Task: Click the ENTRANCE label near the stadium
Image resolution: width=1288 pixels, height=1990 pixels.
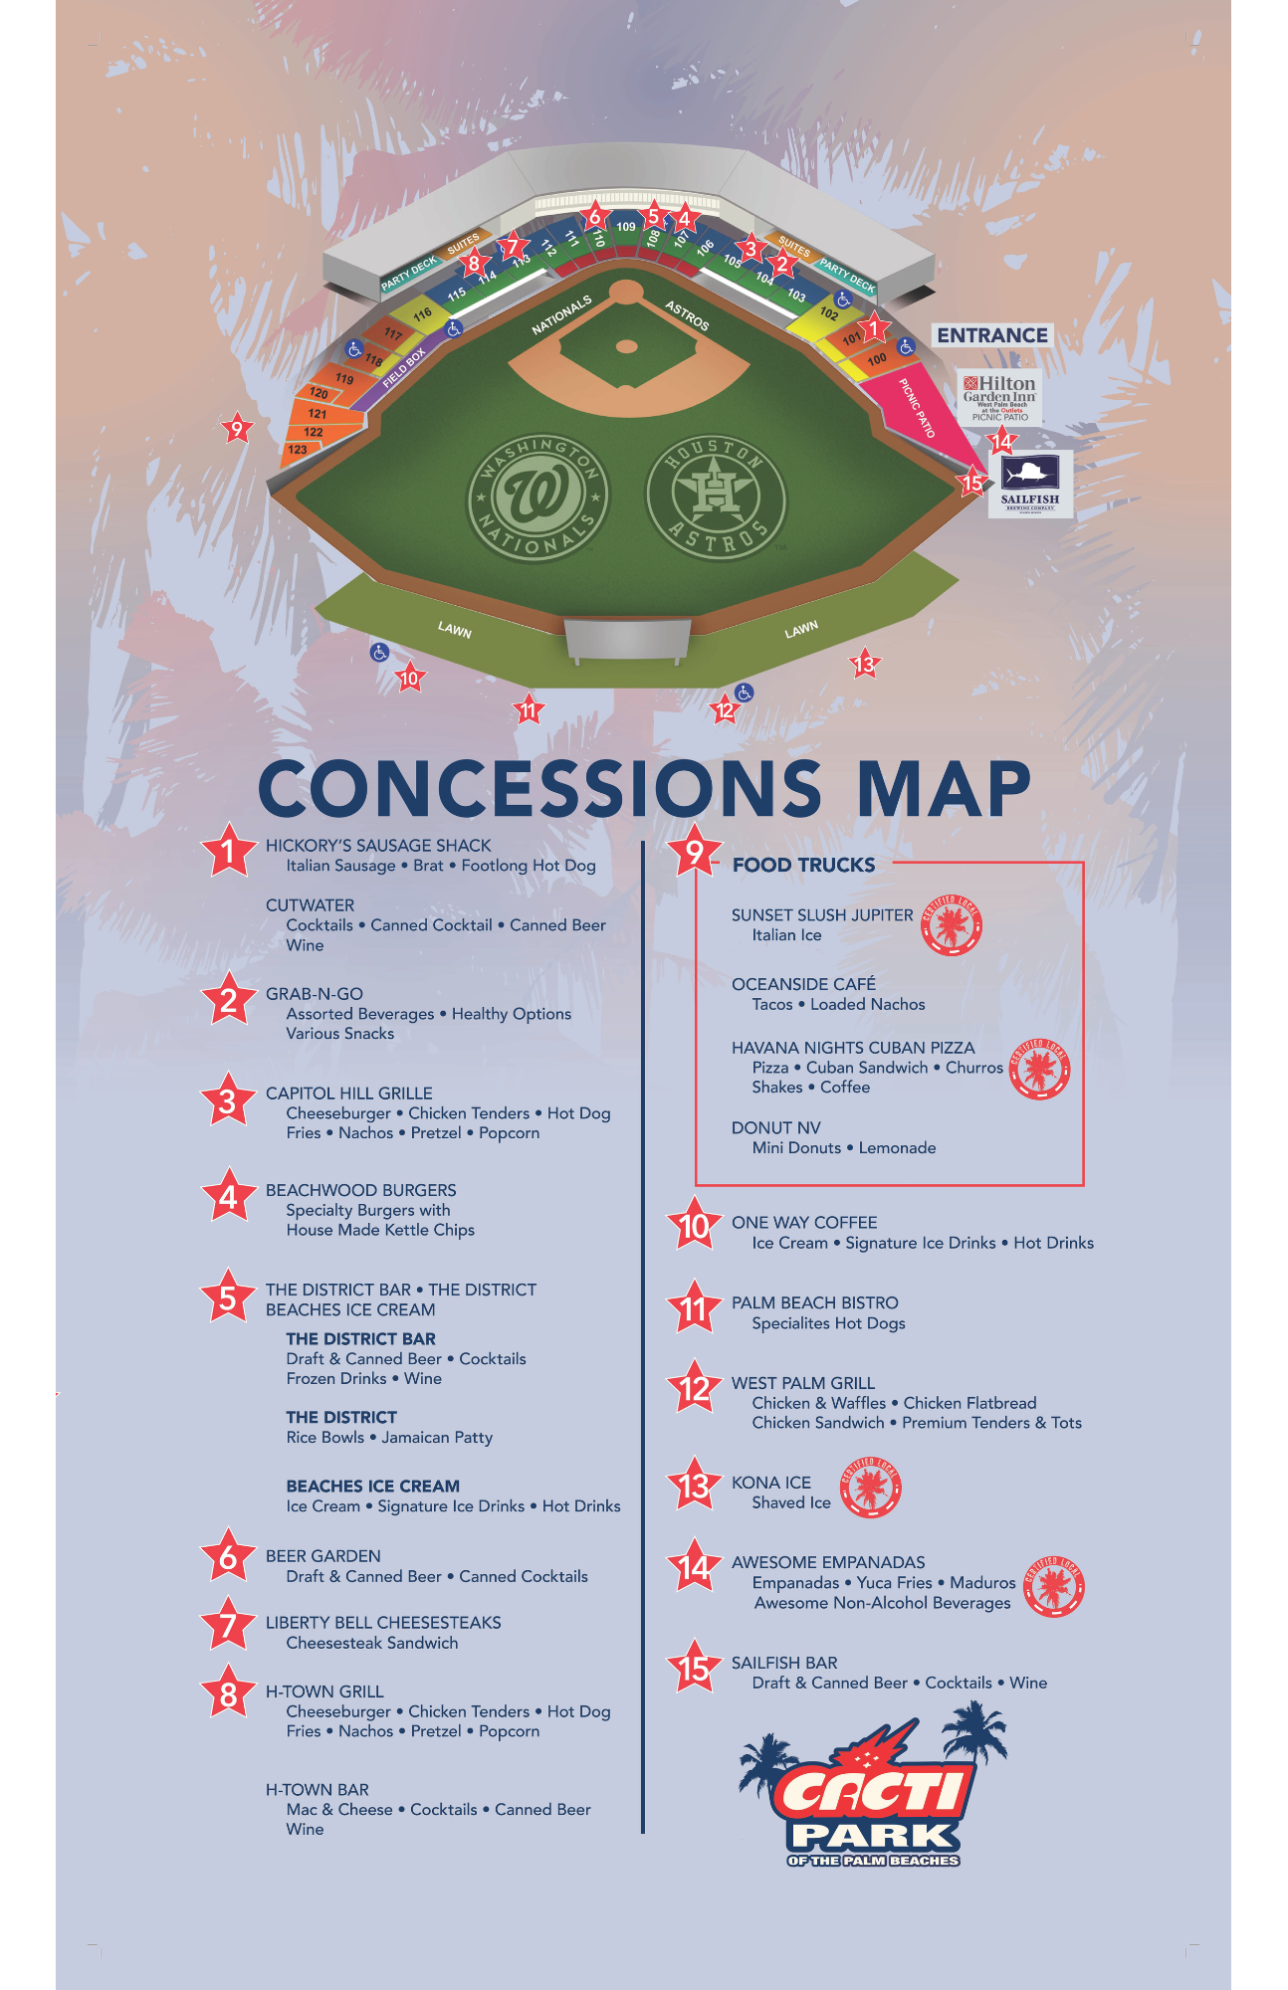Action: pos(992,335)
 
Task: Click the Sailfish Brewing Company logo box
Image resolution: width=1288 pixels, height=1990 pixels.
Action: pos(1030,484)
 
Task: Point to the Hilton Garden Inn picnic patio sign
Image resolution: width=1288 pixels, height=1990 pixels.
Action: pos(999,397)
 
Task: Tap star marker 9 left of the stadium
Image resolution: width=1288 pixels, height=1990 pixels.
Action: pos(236,429)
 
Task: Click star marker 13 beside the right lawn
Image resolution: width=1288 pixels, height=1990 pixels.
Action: pos(864,664)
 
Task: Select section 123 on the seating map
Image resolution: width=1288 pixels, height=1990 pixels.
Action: pos(298,450)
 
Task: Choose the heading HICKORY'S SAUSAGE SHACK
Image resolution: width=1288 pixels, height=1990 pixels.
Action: pos(378,845)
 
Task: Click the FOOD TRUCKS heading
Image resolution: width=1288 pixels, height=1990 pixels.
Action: pos(803,865)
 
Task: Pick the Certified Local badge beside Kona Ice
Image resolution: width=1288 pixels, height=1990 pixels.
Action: pos(871,1488)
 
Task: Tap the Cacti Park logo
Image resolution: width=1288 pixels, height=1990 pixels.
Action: pos(874,1788)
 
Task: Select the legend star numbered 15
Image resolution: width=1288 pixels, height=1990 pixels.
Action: pos(694,1670)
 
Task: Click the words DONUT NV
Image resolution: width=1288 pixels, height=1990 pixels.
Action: pos(776,1127)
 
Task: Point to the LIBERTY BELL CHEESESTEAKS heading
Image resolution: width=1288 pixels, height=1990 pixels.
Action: pos(383,1622)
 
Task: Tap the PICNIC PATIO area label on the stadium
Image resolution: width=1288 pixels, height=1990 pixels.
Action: pos(917,408)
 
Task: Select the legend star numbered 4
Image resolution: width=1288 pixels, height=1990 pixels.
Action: pos(228,1197)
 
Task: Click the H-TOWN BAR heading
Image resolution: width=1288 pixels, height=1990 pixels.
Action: pos(317,1789)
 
